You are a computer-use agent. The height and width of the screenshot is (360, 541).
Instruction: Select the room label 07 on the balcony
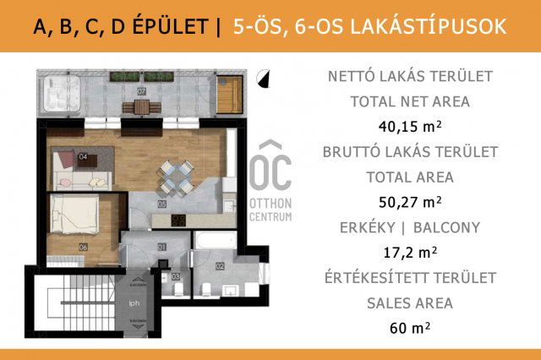[x=142, y=90]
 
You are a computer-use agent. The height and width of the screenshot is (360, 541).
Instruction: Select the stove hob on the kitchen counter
[x=178, y=221]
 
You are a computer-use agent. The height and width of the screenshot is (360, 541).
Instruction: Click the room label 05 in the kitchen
[x=162, y=203]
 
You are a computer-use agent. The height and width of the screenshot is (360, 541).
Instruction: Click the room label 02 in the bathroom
[x=219, y=266]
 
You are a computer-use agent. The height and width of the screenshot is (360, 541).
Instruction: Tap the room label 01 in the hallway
[x=162, y=247]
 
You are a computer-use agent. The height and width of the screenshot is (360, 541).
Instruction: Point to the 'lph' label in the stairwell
[x=133, y=303]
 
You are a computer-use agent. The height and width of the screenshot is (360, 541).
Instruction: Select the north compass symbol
[x=265, y=79]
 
